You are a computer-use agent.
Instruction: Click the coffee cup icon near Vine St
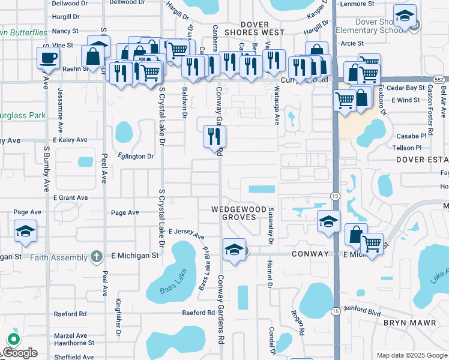click(48, 59)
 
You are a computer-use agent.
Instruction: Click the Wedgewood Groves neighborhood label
click(238, 213)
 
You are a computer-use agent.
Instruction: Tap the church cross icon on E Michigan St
click(96, 257)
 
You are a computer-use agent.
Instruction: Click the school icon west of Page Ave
click(26, 231)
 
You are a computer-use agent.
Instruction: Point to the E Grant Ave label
click(71, 197)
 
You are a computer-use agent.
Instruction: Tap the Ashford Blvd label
click(364, 313)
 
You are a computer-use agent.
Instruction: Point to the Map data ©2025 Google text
click(411, 355)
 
